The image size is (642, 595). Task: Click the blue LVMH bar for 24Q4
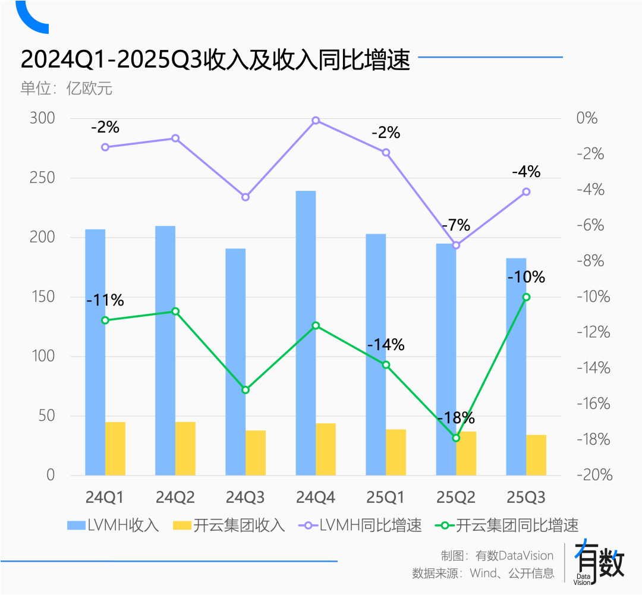306,333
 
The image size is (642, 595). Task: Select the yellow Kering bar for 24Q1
115,449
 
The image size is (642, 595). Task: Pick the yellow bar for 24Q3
256,453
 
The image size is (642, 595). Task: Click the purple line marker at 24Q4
316,121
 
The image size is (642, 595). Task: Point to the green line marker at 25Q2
456,438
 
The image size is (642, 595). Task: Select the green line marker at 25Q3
526,297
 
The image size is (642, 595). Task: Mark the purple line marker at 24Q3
246,197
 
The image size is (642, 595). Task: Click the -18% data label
456,418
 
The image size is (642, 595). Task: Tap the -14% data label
386,345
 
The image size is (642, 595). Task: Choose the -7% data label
456,225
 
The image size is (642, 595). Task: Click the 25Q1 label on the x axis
386,497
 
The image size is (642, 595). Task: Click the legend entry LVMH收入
113,525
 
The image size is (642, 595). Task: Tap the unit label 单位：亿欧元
66,89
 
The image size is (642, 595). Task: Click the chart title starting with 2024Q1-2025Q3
215,60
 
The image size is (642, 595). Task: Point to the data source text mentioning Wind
483,573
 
